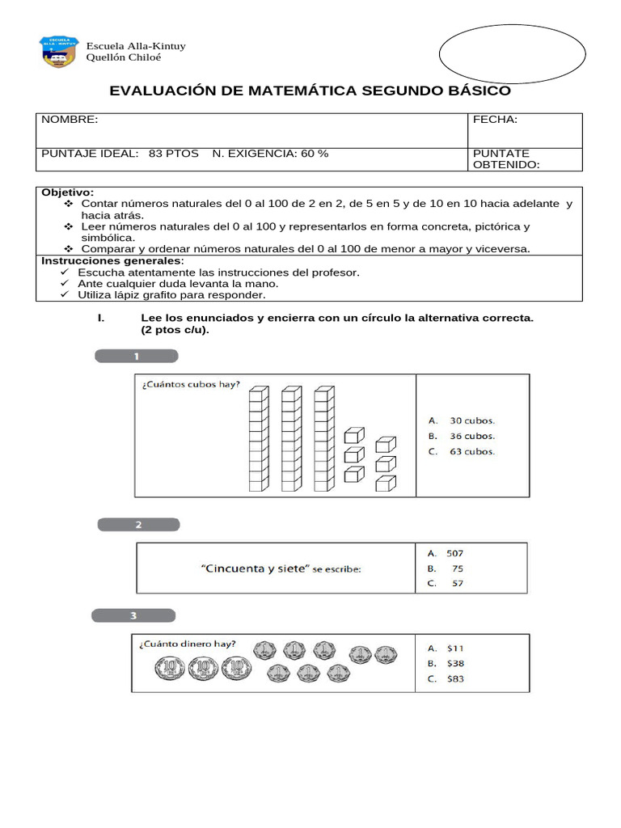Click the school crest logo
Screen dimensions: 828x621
pyautogui.click(x=60, y=52)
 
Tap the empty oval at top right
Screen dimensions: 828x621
pyautogui.click(x=512, y=53)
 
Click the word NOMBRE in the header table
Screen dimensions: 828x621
pyautogui.click(x=70, y=120)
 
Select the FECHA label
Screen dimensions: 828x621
pyautogui.click(x=495, y=120)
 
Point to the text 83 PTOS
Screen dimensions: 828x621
pyautogui.click(x=173, y=153)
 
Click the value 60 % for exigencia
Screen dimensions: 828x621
pyautogui.click(x=314, y=153)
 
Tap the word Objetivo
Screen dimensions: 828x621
pyautogui.click(x=67, y=192)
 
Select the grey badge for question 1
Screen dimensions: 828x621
pyautogui.click(x=137, y=356)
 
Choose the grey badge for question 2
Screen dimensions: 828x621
pyautogui.click(x=139, y=524)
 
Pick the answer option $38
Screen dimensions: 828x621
pyautogui.click(x=455, y=663)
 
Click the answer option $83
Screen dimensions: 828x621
pyautogui.click(x=455, y=679)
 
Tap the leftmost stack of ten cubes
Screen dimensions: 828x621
pyautogui.click(x=258, y=439)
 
